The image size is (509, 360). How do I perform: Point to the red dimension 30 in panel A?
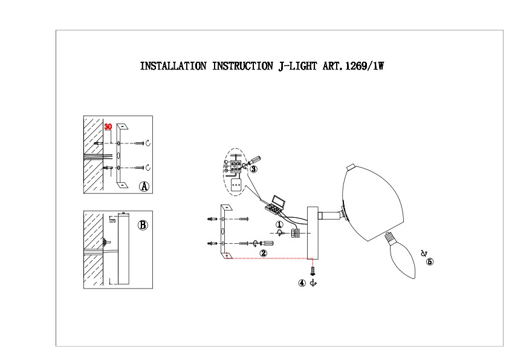(108, 127)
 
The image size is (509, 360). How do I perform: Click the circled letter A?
(144, 186)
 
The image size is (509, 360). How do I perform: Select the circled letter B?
(143, 225)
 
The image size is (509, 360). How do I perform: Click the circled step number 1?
(279, 224)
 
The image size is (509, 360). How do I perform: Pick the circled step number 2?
(263, 253)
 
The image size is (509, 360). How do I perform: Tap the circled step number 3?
(253, 169)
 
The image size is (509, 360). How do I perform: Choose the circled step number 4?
(302, 283)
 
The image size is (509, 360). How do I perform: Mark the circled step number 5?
(430, 262)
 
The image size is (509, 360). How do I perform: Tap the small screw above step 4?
(313, 270)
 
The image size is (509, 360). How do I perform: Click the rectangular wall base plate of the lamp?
(313, 231)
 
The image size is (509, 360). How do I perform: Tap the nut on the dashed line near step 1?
(296, 233)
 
